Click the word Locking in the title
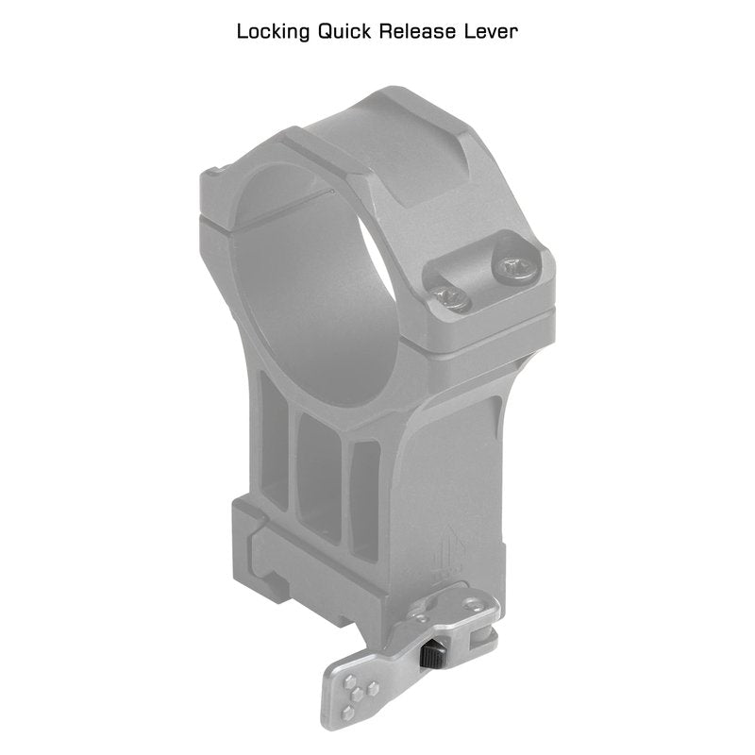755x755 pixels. tap(273, 32)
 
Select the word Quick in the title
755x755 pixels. tap(344, 32)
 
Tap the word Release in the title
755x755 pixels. tap(417, 32)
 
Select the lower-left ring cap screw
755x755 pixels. tap(450, 299)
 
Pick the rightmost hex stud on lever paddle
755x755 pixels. tap(371, 689)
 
